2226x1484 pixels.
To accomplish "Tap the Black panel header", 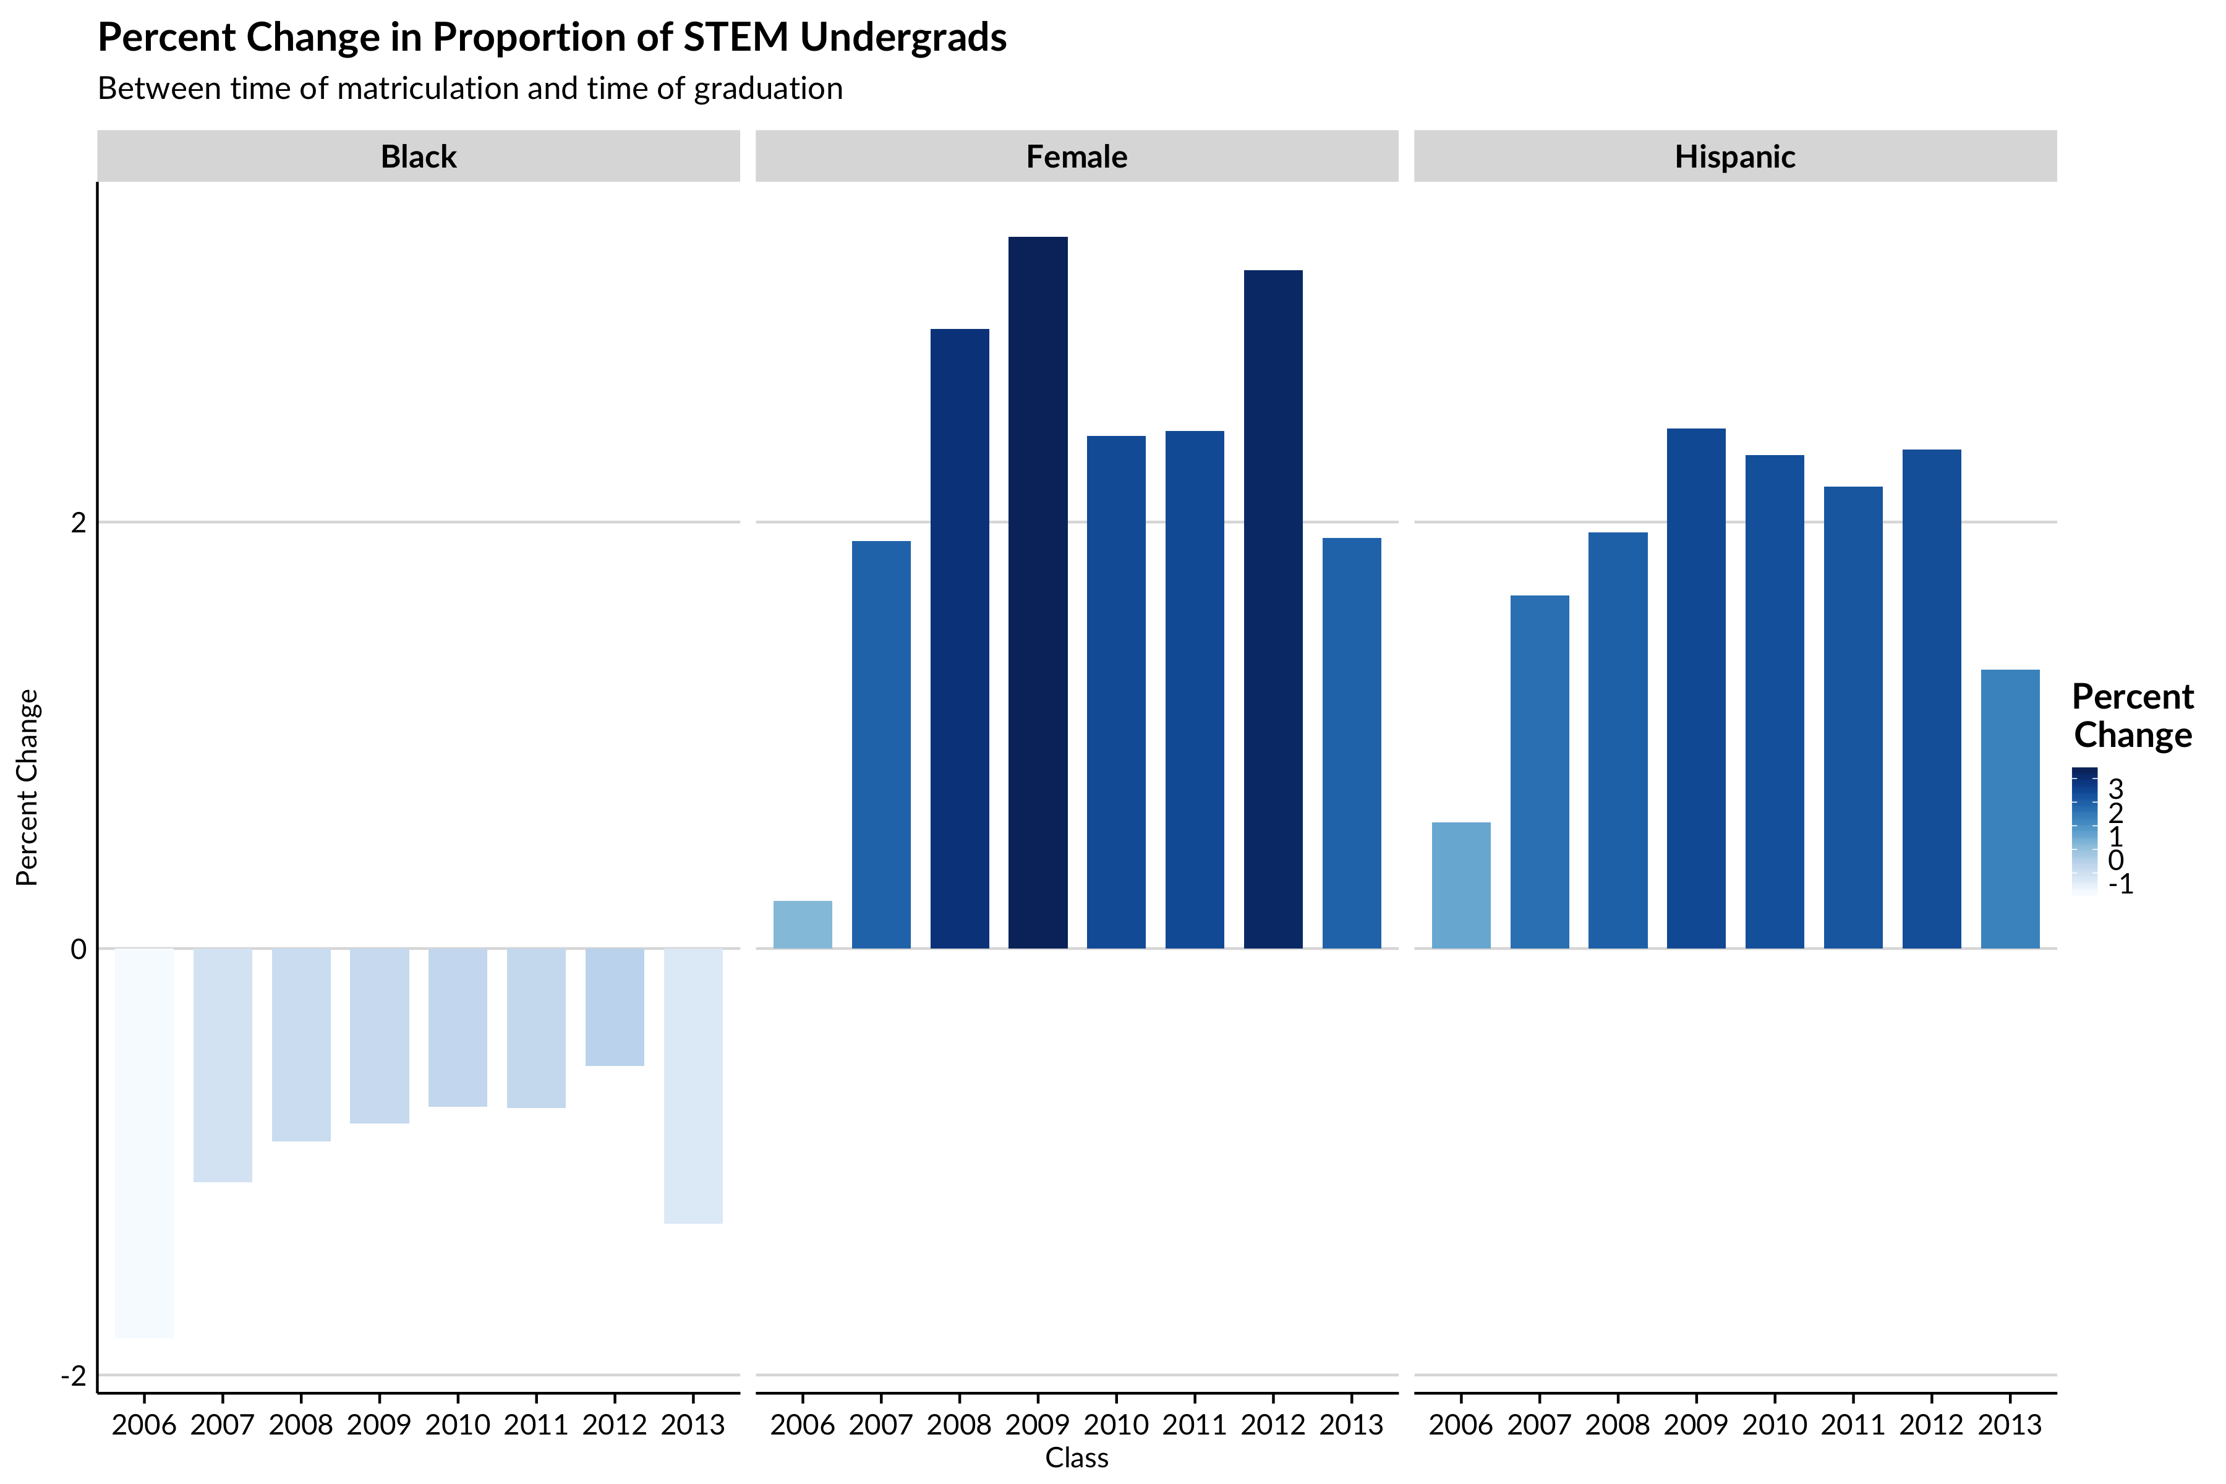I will tap(419, 156).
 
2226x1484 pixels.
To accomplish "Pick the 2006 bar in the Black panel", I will tap(144, 1142).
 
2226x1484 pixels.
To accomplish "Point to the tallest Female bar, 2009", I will tap(1038, 592).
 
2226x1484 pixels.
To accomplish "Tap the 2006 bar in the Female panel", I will tap(803, 924).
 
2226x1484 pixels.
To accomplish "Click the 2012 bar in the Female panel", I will tap(1273, 610).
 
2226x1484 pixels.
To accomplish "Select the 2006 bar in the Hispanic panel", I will tap(1461, 885).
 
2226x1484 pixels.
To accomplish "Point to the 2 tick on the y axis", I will tap(79, 522).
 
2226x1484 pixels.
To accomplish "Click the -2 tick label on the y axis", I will tap(74, 1375).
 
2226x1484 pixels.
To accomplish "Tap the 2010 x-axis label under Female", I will tap(1116, 1425).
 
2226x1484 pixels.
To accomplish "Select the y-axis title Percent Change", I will tap(27, 787).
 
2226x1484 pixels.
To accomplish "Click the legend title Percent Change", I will tap(2132, 715).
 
